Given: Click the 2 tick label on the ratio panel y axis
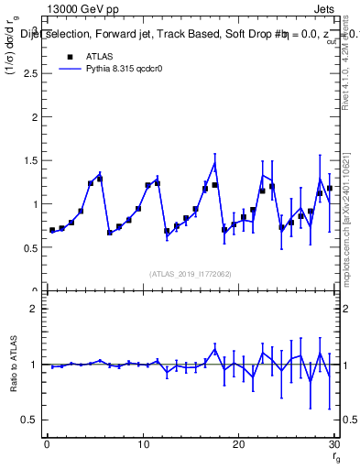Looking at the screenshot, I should pyautogui.click(x=34, y=309).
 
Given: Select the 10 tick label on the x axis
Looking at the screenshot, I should pyautogui.click(x=142, y=445).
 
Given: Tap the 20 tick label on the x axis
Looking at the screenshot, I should pyautogui.click(x=238, y=445).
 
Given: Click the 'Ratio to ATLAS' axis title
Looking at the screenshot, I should pyautogui.click(x=12, y=365).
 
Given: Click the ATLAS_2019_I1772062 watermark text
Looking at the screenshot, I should pyautogui.click(x=190, y=274).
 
